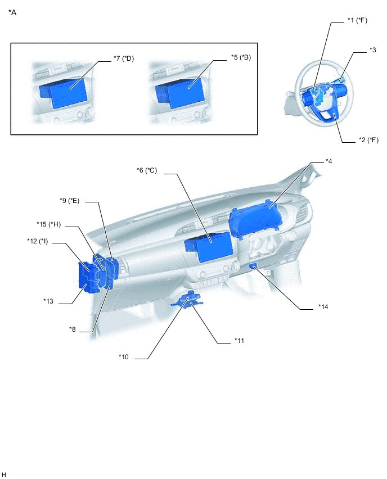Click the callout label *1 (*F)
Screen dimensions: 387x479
357,20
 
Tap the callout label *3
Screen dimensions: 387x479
372,50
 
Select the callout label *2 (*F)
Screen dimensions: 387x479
368,140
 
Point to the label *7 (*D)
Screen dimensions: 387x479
124,58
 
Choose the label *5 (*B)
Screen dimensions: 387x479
241,57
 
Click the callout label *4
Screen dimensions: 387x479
328,161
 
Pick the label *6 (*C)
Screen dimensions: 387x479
147,170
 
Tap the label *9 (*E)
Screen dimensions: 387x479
69,201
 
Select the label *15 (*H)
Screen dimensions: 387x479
48,224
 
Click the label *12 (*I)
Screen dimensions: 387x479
38,241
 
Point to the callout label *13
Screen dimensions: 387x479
48,301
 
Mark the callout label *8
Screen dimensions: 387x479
73,329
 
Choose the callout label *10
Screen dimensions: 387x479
124,357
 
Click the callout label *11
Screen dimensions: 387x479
240,340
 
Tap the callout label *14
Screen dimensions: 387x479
323,307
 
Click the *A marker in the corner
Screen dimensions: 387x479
12,12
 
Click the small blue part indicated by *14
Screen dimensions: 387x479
253,266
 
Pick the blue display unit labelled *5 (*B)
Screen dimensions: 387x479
180,91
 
